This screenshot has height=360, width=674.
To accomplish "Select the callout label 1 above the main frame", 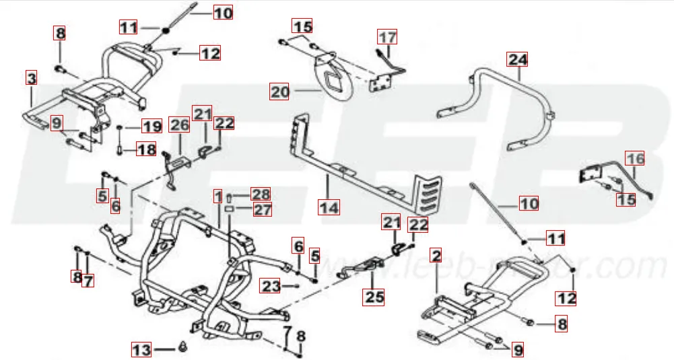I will (x=218, y=196).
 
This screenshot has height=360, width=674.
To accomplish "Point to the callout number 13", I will (x=141, y=350).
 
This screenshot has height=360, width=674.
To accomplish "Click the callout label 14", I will (x=329, y=207).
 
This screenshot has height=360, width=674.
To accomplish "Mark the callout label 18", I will (x=146, y=149).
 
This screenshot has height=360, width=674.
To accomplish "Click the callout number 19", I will (x=151, y=126).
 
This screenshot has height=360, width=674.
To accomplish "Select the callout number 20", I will (x=279, y=90).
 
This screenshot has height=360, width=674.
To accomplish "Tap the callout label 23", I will (x=271, y=287).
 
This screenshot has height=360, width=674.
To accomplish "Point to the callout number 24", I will (x=518, y=60).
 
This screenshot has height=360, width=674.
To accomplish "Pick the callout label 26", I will (x=178, y=125).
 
